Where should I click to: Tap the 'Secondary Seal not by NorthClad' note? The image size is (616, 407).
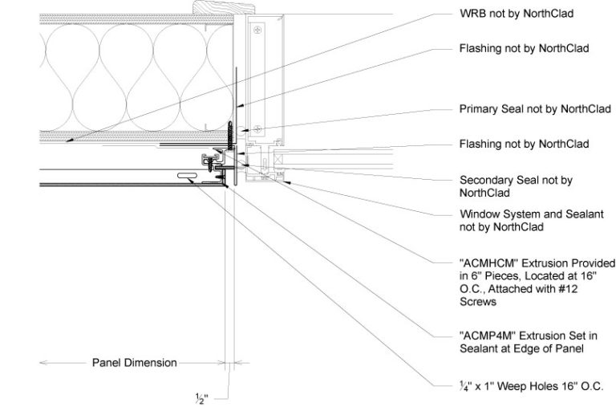(x=516, y=186)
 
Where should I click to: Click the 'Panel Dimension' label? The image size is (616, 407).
(x=133, y=363)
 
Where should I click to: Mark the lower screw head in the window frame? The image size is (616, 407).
(x=256, y=128)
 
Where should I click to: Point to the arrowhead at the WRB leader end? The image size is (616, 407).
(x=69, y=140)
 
